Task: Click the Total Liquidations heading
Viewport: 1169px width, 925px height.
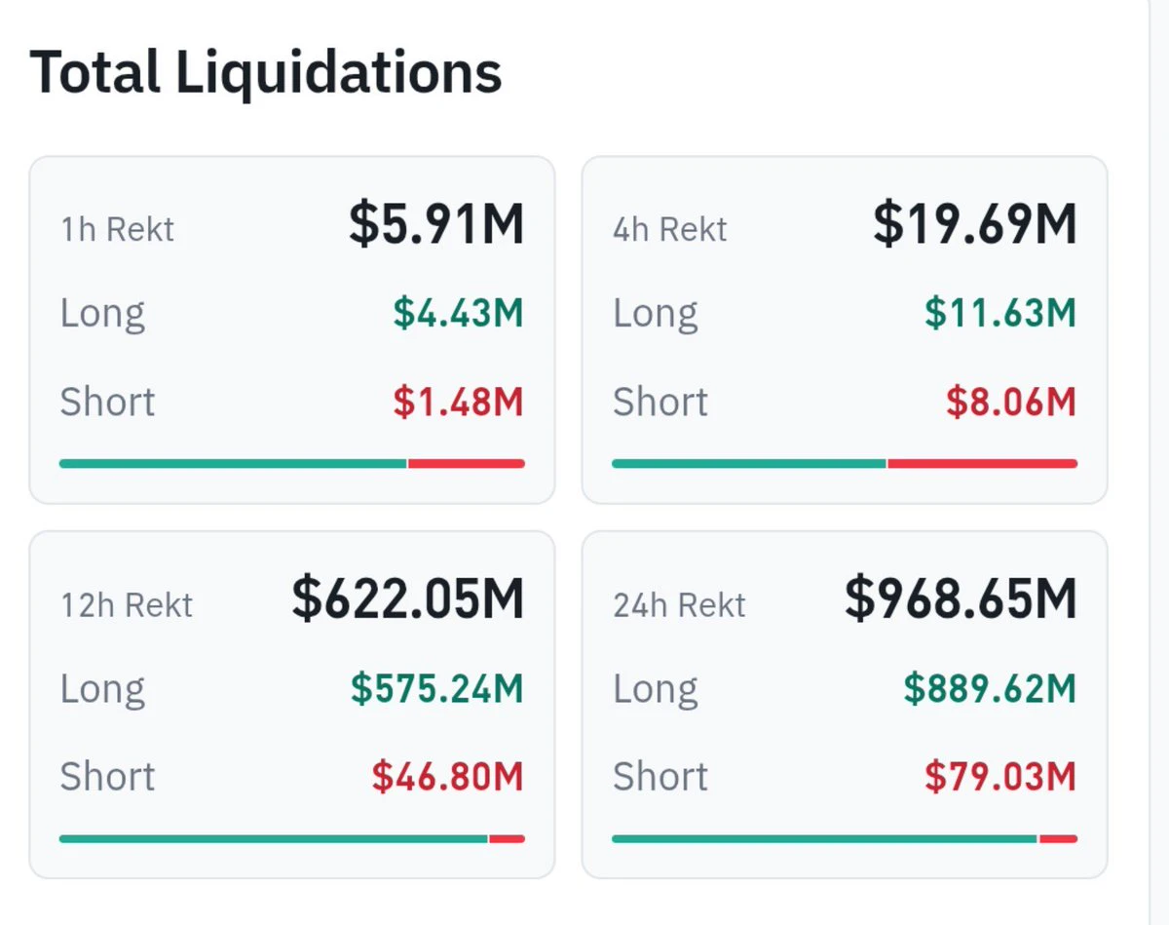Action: [265, 73]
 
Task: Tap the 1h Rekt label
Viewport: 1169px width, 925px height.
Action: [117, 229]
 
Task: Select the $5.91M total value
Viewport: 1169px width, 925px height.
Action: [436, 223]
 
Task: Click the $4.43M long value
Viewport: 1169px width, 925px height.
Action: [458, 313]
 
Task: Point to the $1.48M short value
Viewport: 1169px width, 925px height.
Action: [458, 402]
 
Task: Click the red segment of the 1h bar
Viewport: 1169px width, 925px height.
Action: [467, 464]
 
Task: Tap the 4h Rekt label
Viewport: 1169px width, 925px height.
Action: [670, 229]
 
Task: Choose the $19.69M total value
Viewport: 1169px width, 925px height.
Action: [975, 223]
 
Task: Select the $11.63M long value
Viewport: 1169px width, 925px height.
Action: [1000, 313]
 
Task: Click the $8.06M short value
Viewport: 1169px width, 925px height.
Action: [1011, 402]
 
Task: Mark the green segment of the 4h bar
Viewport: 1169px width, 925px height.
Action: [748, 464]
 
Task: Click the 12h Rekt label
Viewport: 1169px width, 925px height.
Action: [127, 605]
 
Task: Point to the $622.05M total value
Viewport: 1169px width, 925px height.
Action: [407, 598]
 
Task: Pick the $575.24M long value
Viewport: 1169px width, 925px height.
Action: [436, 688]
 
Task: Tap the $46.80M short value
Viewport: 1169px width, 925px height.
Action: [447, 776]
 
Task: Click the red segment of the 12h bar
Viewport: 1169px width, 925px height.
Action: [508, 839]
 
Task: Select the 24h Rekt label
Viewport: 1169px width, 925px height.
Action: [679, 605]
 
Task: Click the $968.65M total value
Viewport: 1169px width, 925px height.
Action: [961, 598]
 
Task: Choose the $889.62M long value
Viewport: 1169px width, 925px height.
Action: [990, 688]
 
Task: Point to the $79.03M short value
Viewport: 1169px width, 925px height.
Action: [1000, 776]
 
